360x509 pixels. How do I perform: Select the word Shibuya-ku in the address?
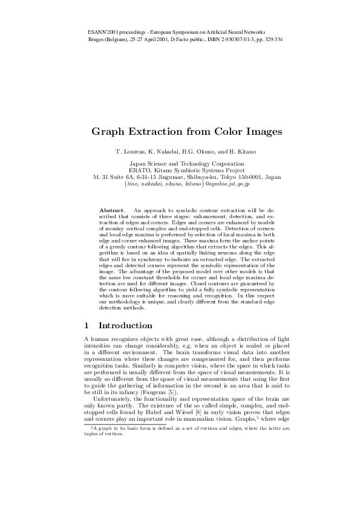(194, 177)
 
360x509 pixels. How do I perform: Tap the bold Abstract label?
(111, 209)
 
